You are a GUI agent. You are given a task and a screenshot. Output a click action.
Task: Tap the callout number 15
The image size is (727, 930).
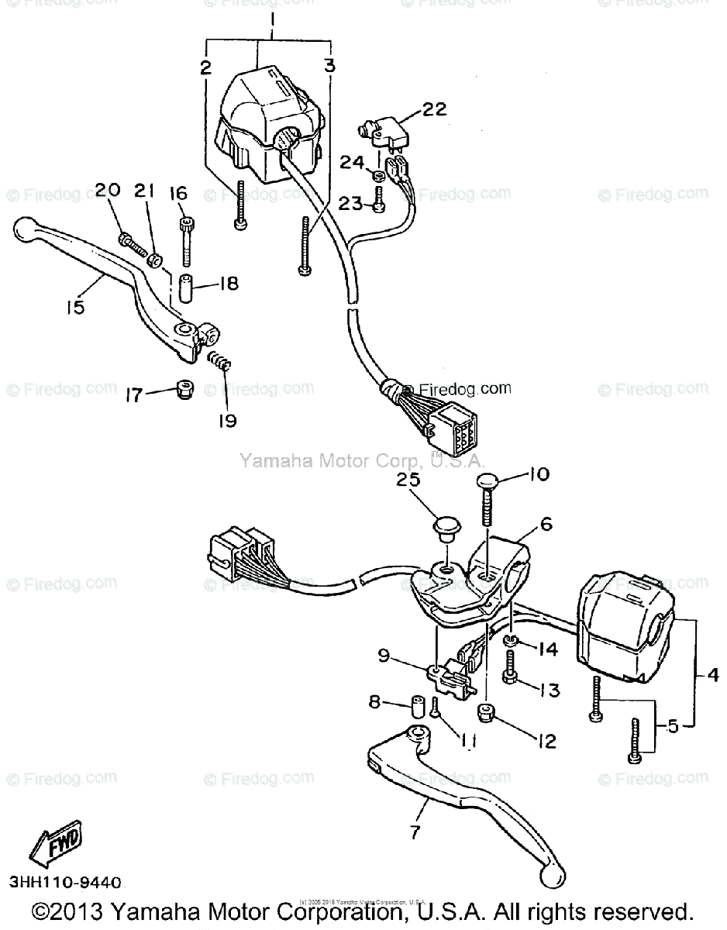(74, 307)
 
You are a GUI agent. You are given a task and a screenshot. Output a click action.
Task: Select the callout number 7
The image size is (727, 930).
(415, 832)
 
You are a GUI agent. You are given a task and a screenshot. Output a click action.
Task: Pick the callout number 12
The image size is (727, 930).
(546, 741)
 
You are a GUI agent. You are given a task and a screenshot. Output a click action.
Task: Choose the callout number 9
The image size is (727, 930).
(384, 656)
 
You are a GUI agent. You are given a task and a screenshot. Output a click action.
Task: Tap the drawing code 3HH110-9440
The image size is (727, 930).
(66, 883)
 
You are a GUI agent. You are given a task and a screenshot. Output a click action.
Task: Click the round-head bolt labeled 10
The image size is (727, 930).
(487, 496)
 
